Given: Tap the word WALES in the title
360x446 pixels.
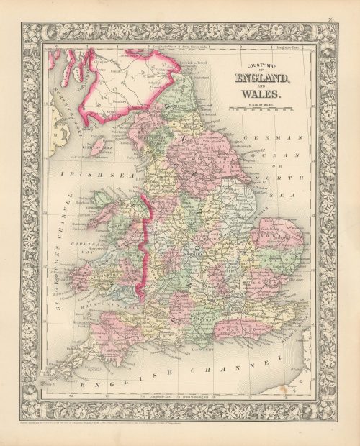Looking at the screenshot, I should (264, 93).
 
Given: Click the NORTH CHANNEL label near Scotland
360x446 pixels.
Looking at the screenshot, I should (64, 123).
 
